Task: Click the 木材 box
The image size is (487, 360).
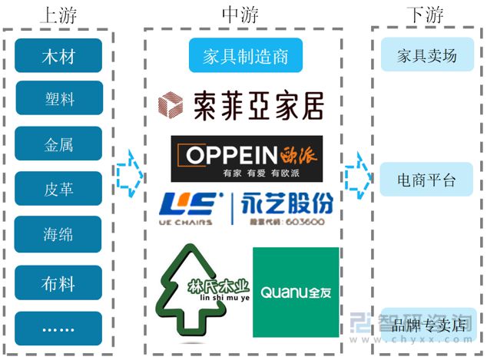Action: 58,56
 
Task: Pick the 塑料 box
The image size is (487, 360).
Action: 58,99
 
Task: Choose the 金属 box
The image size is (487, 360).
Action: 58,143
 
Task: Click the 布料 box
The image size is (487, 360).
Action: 58,283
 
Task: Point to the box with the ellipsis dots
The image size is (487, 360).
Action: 58,329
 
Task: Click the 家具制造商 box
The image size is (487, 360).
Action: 245,56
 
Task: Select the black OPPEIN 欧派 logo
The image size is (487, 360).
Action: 247,158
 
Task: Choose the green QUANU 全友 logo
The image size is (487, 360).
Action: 296,292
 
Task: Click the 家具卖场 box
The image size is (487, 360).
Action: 426,56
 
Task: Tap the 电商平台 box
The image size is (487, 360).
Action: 426,180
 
